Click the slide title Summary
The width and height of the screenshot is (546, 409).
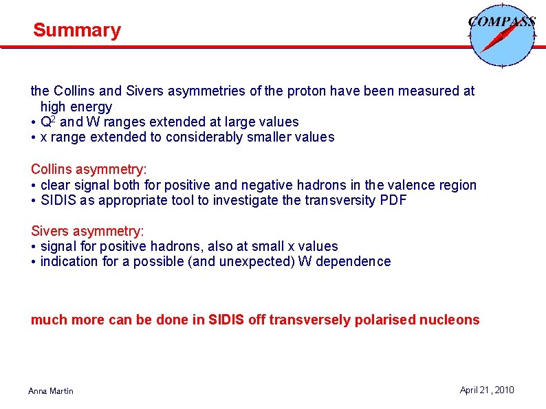(76, 30)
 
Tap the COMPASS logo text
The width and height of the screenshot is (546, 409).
(501, 21)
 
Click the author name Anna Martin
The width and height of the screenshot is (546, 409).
(50, 391)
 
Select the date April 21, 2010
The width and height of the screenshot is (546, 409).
(486, 390)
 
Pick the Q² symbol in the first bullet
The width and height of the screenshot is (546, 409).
(48, 122)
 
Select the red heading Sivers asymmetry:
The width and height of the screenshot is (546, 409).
(87, 231)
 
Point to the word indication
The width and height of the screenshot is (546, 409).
(71, 261)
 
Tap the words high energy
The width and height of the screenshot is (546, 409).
(76, 107)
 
